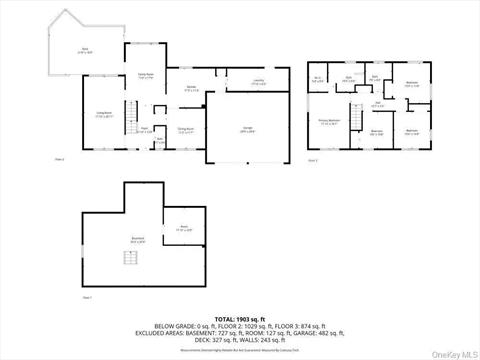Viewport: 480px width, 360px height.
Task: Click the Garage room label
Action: pyautogui.click(x=245, y=130)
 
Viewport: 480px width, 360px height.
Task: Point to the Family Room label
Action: pyautogui.click(x=145, y=75)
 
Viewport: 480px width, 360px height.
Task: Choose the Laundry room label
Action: pyautogui.click(x=230, y=82)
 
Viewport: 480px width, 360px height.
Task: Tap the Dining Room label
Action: pyautogui.click(x=185, y=130)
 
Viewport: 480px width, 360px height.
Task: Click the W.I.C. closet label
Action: pyautogui.click(x=317, y=79)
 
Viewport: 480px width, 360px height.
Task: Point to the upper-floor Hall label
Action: pyautogui.click(x=378, y=102)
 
